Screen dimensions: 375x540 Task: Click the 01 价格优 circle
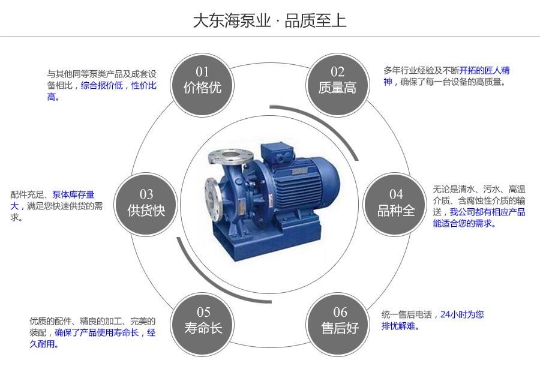(x=202, y=80)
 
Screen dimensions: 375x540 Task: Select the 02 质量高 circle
(x=337, y=80)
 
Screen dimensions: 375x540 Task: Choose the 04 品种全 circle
(x=396, y=203)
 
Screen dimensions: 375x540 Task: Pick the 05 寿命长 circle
(x=203, y=320)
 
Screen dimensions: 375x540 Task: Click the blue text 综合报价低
(x=102, y=86)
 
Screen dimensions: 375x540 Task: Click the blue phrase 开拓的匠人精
(x=484, y=70)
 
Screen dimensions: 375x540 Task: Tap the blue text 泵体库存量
(x=73, y=194)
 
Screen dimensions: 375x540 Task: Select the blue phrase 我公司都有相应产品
(x=487, y=212)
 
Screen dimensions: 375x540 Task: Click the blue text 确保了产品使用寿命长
(x=97, y=332)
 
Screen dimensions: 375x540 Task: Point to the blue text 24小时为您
(x=462, y=314)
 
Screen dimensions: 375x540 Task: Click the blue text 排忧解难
(x=400, y=326)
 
